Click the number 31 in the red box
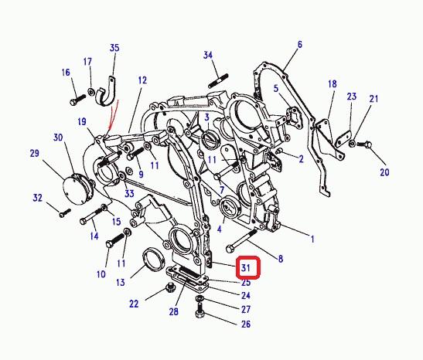245,268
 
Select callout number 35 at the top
114,48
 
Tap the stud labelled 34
218,81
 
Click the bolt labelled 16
77,100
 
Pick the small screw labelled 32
65,212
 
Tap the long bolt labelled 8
241,241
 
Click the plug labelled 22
170,288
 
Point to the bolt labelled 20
364,144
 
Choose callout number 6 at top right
300,44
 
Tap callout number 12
142,80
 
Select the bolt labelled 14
92,216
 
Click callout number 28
174,312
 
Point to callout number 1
312,239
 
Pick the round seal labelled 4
230,209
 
